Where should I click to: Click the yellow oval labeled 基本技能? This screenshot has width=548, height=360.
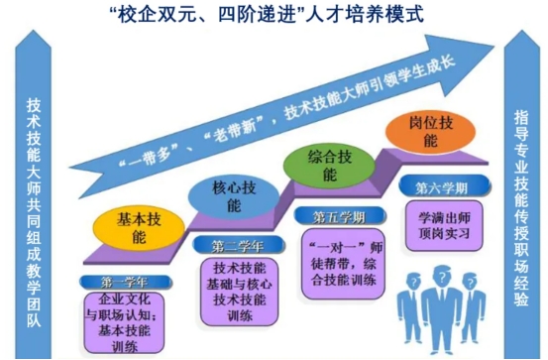(x=139, y=228)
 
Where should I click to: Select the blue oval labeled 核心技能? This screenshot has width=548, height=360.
(x=234, y=196)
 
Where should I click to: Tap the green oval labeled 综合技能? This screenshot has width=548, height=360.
(x=329, y=166)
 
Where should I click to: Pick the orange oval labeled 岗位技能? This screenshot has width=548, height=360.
(x=430, y=132)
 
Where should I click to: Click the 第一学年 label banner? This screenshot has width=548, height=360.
(x=126, y=282)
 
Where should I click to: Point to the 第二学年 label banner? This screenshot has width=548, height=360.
(x=239, y=245)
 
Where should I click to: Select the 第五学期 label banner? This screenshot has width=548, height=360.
(x=340, y=216)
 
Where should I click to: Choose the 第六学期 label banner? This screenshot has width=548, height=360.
(x=445, y=186)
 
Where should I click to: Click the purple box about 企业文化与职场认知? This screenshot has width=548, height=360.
(x=124, y=323)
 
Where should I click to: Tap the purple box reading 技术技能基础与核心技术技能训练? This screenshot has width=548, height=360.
(x=240, y=292)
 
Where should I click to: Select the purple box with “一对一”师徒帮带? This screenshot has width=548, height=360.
(x=343, y=264)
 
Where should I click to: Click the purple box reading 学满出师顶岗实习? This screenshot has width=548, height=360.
(x=444, y=226)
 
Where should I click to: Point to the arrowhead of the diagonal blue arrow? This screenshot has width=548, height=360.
(x=493, y=47)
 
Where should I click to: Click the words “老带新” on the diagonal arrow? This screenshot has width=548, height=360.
(x=233, y=131)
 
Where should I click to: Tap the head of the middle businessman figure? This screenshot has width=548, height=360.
(x=442, y=277)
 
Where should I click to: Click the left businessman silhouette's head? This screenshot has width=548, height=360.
(x=413, y=281)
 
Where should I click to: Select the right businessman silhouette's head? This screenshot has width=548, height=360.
(x=470, y=282)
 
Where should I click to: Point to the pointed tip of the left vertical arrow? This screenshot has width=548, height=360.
(x=34, y=31)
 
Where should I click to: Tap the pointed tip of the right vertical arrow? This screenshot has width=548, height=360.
(x=522, y=31)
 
